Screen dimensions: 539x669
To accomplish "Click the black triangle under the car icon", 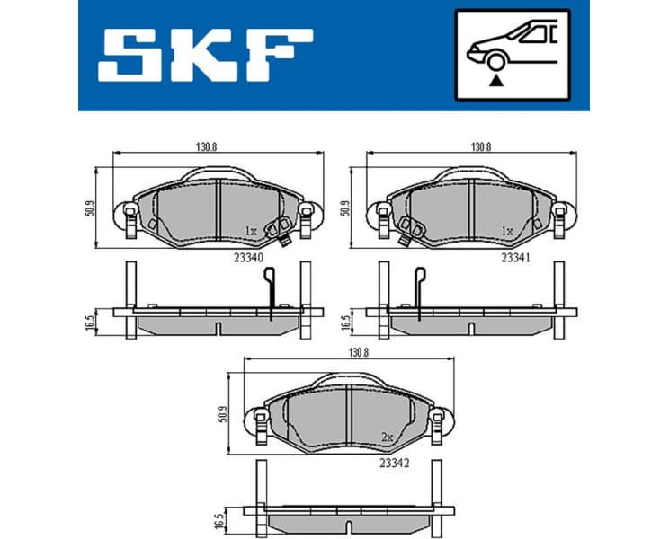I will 493,80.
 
